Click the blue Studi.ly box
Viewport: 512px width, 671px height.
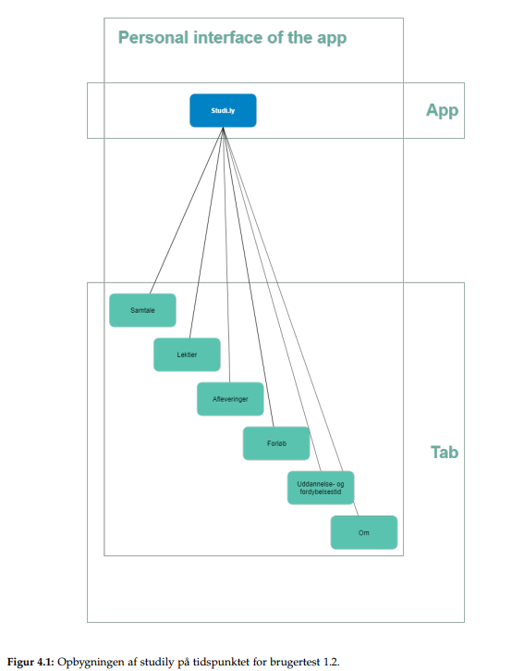coord(223,110)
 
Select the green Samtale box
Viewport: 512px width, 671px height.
coord(142,310)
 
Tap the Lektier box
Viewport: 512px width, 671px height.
coord(187,354)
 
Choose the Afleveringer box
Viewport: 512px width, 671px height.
coord(230,399)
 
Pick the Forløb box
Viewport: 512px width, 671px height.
coord(275,443)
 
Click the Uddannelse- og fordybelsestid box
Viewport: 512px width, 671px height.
coord(320,488)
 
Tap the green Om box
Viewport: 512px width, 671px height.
coord(363,532)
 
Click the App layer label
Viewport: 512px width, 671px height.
coord(442,110)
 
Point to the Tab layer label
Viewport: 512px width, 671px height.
coord(444,453)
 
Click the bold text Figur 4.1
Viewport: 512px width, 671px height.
coord(30,662)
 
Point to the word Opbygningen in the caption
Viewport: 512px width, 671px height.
coord(89,662)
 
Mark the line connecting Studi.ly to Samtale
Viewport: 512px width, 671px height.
coord(187,210)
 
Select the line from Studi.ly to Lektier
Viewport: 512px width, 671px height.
coord(206,231)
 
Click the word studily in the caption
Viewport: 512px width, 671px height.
coord(148,662)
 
